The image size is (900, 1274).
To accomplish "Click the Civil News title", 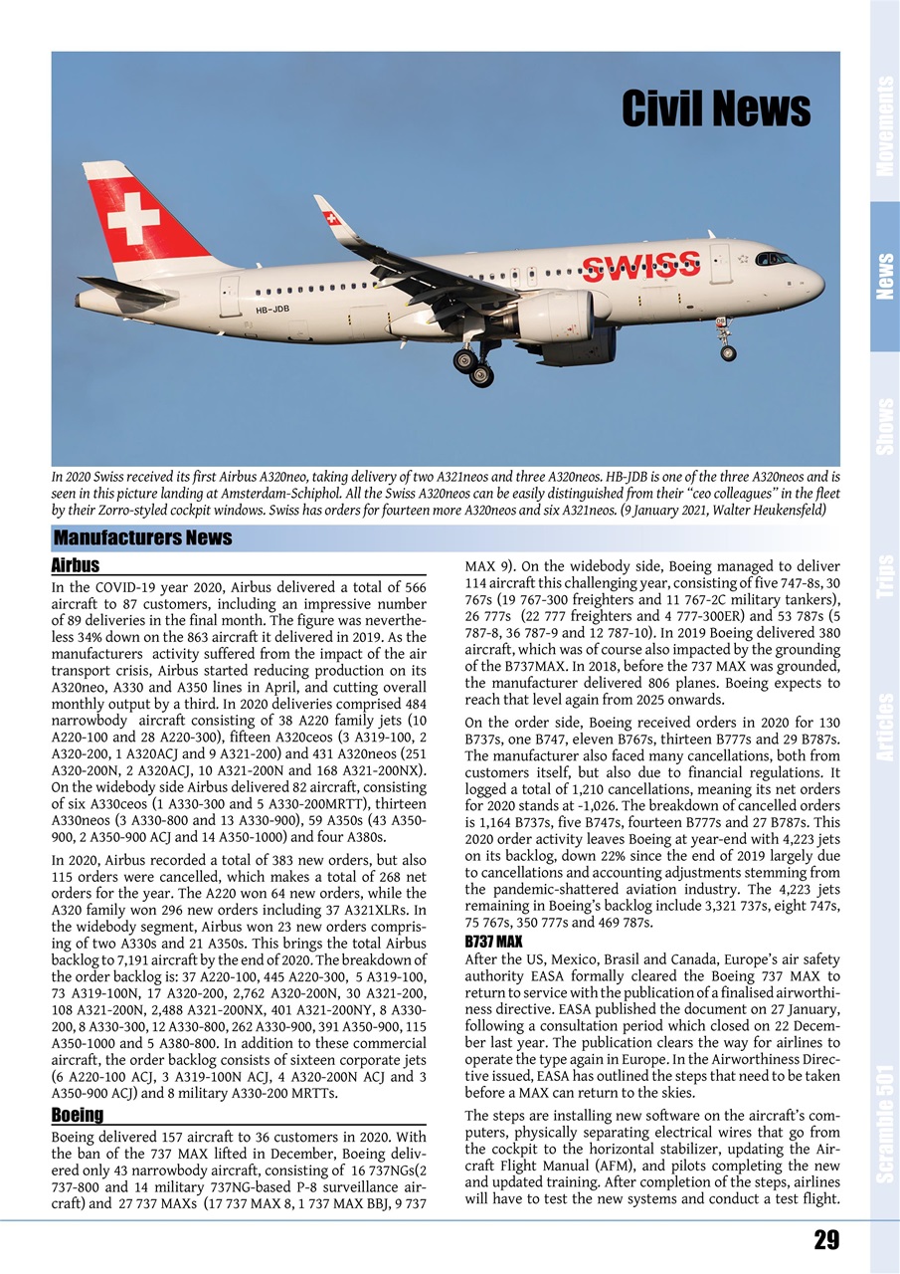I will pos(715,108).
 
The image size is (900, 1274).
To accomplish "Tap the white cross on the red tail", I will pos(133,217).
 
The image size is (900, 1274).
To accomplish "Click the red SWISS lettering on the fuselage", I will pos(640,267).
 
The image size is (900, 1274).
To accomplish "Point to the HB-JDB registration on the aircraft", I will pos(272,310).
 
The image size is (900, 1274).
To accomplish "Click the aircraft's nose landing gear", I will pos(726,343).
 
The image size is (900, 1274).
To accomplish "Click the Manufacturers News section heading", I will pos(142,538).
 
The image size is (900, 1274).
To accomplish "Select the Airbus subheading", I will pos(76,565).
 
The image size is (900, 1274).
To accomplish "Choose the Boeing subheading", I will pos(78,1115).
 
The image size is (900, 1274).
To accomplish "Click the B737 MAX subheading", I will pos(493,941).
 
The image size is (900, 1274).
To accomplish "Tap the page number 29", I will pos(825,1240).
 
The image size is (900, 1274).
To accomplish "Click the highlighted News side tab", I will pos(884,277).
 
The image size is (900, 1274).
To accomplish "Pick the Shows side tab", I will pos(884,426).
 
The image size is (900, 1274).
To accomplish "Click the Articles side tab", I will pos(884,727).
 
